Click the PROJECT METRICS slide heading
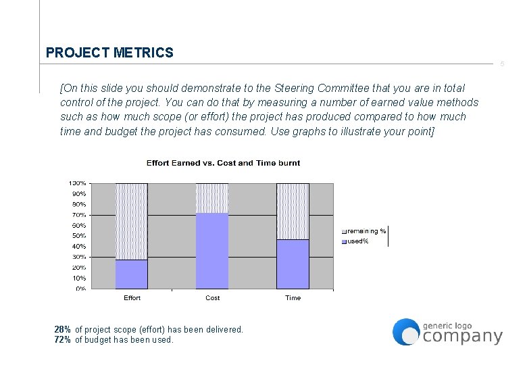109,53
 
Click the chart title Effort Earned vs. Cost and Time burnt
223,163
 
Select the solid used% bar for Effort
132,274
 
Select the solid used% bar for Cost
212,251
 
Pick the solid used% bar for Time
293,264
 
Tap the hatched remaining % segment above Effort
132,221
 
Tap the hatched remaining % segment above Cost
212,197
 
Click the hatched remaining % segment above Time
293,211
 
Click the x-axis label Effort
132,298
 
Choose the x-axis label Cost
212,298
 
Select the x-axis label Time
293,298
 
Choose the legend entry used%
357,241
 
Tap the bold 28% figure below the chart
62,330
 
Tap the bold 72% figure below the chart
62,340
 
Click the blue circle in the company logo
406,331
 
